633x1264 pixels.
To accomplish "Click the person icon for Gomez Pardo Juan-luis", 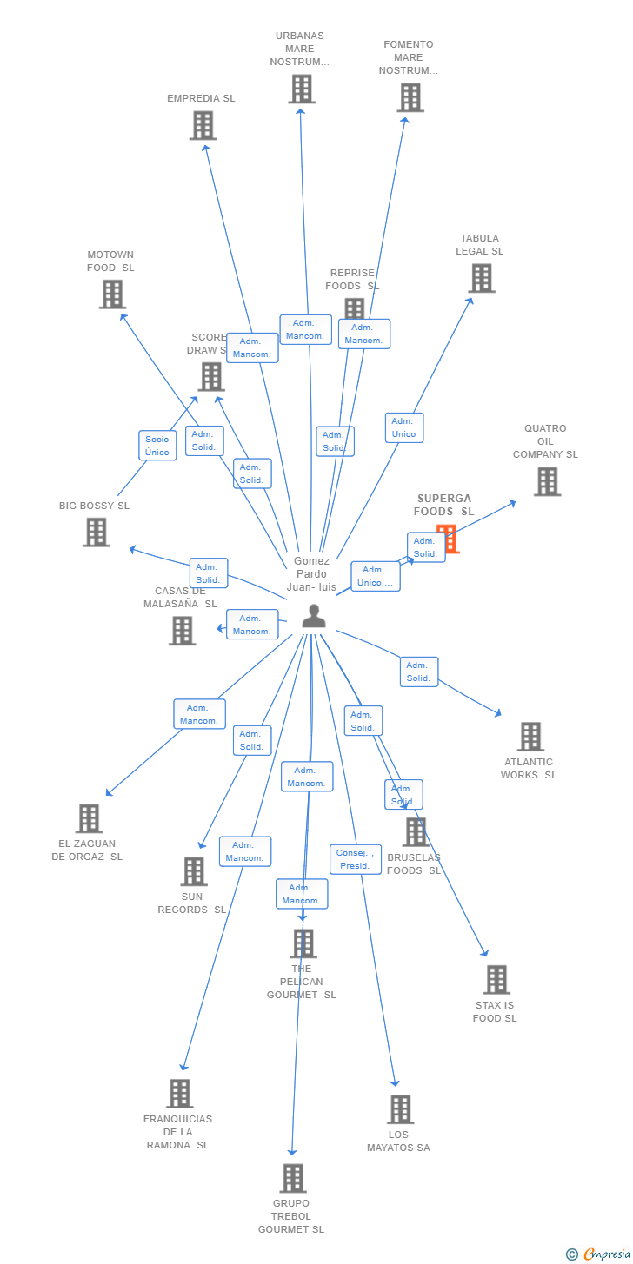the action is click(x=313, y=616).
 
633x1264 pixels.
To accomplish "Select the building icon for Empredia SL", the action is click(x=203, y=126).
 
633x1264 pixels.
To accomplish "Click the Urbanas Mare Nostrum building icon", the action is click(x=301, y=89).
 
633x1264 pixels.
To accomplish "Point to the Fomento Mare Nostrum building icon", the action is click(x=410, y=97).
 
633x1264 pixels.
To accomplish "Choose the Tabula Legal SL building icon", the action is click(x=481, y=278).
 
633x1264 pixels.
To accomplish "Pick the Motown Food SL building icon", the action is click(x=112, y=294).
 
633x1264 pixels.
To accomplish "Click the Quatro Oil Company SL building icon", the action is click(x=547, y=481).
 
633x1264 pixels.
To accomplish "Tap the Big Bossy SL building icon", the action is click(x=96, y=532).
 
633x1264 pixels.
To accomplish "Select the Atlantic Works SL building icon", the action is click(x=530, y=737).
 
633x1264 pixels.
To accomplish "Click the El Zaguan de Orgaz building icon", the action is click(x=89, y=818).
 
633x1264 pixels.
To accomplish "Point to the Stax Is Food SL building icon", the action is click(x=496, y=980).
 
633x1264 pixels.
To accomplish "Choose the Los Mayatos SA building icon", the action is click(x=400, y=1109).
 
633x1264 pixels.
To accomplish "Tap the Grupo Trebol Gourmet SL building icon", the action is click(x=292, y=1178).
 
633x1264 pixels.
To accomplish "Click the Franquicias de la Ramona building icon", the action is click(x=179, y=1094).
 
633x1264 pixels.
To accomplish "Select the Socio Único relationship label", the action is click(x=157, y=446).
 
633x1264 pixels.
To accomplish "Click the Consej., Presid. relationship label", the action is click(x=355, y=859).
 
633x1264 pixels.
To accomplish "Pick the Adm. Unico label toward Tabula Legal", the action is click(x=404, y=427).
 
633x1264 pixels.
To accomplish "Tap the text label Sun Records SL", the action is click(x=191, y=903).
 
